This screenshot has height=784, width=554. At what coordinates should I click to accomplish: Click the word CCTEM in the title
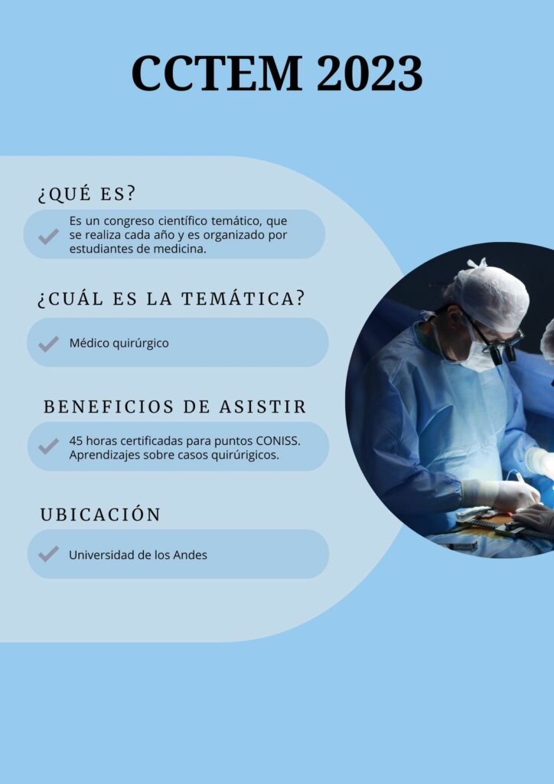coord(217,73)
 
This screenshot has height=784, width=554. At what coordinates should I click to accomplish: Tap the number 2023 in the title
coord(370,73)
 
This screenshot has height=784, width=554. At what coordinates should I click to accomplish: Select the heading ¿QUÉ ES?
coord(86,193)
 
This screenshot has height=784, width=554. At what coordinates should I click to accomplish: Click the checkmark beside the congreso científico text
coord(48,236)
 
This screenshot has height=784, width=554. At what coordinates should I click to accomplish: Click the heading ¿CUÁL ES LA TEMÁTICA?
coord(171,299)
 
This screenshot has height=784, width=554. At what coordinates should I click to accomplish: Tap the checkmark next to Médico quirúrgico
coord(48,344)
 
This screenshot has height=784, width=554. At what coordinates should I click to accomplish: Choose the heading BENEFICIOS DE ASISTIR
coord(174,407)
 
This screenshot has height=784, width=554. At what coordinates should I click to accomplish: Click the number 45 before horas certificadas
coord(76,442)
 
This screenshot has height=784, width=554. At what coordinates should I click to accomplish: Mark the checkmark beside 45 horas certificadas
coord(48,446)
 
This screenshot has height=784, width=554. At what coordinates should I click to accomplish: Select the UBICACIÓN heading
coord(100,514)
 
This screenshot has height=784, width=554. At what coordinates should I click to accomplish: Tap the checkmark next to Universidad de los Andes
coord(48,554)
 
